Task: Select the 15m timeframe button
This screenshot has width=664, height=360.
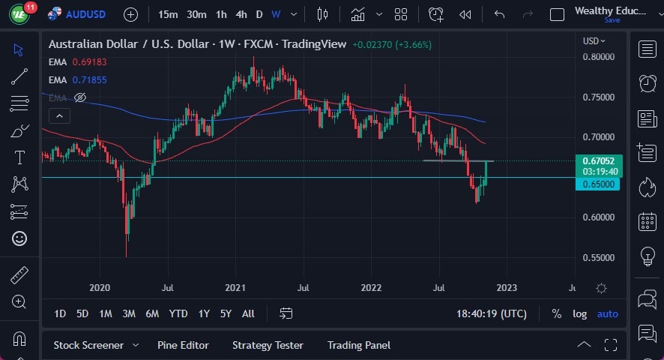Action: pos(169,14)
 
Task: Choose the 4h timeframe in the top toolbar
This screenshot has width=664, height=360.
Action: pos(241,14)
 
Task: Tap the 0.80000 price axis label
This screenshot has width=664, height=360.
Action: pos(599,57)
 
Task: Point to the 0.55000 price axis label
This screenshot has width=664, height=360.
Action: pos(599,258)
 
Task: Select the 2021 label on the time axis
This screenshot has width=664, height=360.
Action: pos(235,287)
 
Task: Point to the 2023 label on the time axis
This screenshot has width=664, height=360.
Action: pos(507,287)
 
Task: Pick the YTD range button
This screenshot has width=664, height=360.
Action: pos(178,313)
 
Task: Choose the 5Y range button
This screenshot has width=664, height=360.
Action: pos(225,313)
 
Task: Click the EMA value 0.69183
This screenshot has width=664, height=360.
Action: pos(89,61)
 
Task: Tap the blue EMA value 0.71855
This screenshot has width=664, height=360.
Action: pos(89,79)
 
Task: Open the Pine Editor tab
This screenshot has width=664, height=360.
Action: pos(183,345)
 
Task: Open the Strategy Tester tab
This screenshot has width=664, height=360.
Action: pos(268,345)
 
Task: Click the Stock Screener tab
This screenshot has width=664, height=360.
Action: pos(88,345)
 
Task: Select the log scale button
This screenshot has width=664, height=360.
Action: pos(579,313)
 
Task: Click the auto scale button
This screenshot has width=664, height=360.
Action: pos(607,313)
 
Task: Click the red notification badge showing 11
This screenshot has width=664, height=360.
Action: pos(29,7)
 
